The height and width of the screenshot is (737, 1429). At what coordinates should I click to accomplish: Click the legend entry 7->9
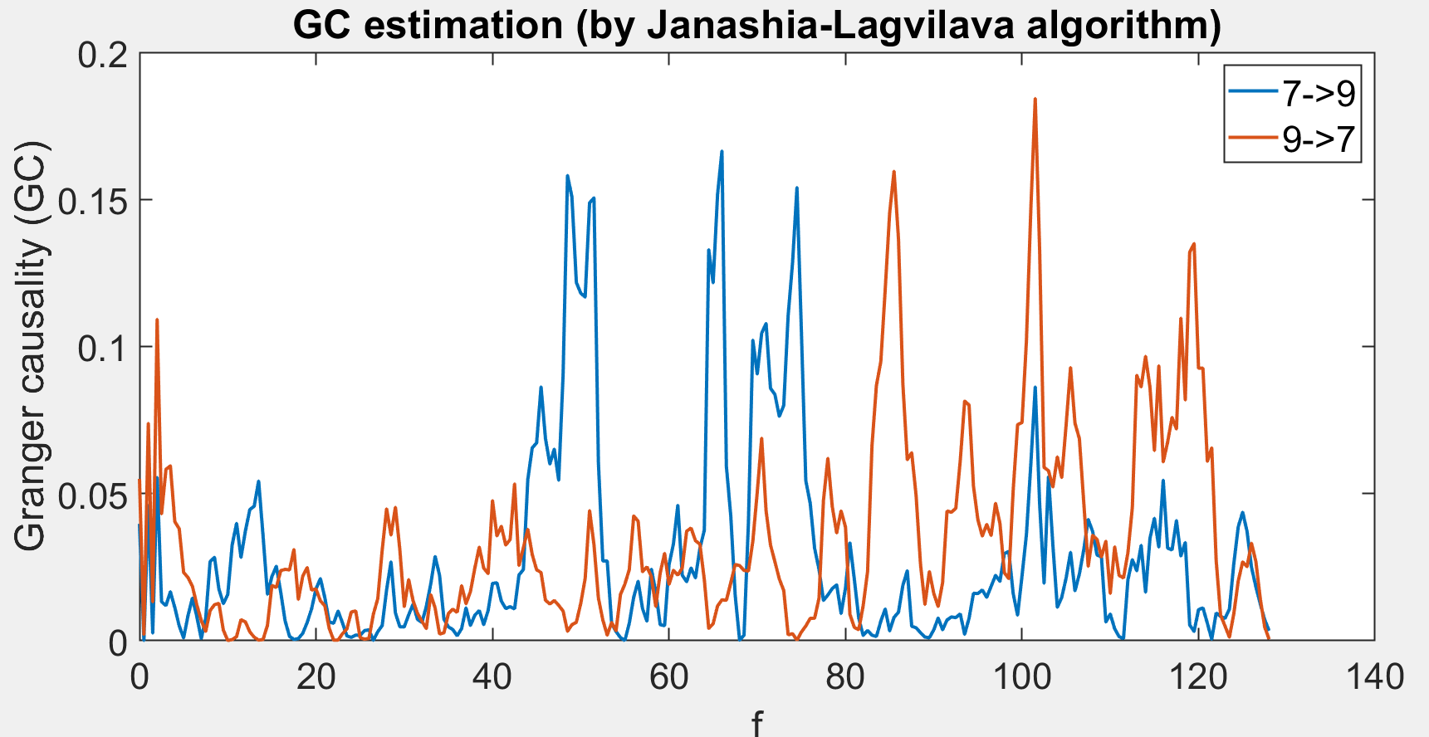tap(1318, 94)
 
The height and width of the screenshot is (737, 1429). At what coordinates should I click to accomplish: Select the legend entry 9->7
tap(1318, 139)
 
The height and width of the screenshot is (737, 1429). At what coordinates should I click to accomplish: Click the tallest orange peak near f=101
tap(1035, 100)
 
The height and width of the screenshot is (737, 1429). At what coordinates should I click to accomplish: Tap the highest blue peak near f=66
tap(722, 152)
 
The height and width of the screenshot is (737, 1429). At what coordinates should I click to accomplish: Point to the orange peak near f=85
tap(893, 172)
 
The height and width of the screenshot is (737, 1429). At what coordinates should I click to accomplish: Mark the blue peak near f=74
tap(796, 188)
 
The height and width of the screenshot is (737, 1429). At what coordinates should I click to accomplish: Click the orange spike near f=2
tap(157, 320)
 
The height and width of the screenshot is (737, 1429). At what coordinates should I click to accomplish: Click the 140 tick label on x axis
tap(1373, 676)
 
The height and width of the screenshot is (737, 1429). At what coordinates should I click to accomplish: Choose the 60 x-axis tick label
tap(668, 676)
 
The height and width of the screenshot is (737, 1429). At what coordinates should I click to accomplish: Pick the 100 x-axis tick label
tap(1021, 676)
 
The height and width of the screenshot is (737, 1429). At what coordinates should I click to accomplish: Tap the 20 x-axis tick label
tap(316, 676)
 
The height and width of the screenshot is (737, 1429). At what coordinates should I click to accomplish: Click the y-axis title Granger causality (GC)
tap(32, 346)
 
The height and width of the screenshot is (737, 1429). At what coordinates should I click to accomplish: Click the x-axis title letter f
tap(756, 724)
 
